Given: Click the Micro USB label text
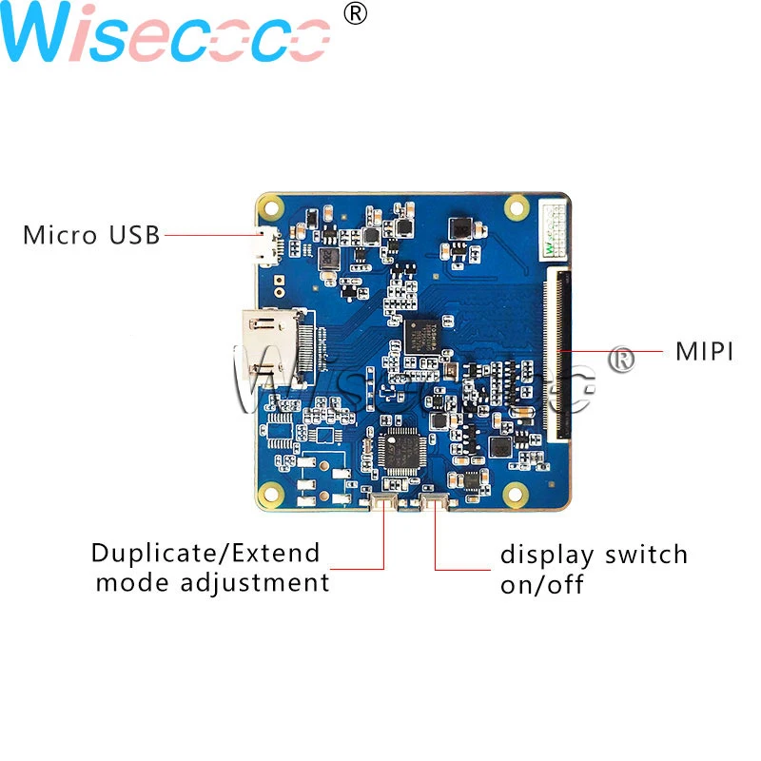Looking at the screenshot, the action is click(x=91, y=234).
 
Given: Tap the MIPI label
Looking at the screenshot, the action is click(x=704, y=351).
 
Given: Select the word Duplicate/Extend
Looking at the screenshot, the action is click(x=205, y=554).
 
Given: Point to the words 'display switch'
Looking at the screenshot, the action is click(x=594, y=555).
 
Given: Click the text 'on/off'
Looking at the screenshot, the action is click(x=541, y=583).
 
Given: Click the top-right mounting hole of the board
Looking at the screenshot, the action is click(x=517, y=205).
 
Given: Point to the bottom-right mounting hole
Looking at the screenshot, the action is click(x=517, y=493).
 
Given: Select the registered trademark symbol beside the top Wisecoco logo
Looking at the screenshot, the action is click(x=354, y=13).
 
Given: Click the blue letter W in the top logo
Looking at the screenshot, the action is click(x=48, y=36).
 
